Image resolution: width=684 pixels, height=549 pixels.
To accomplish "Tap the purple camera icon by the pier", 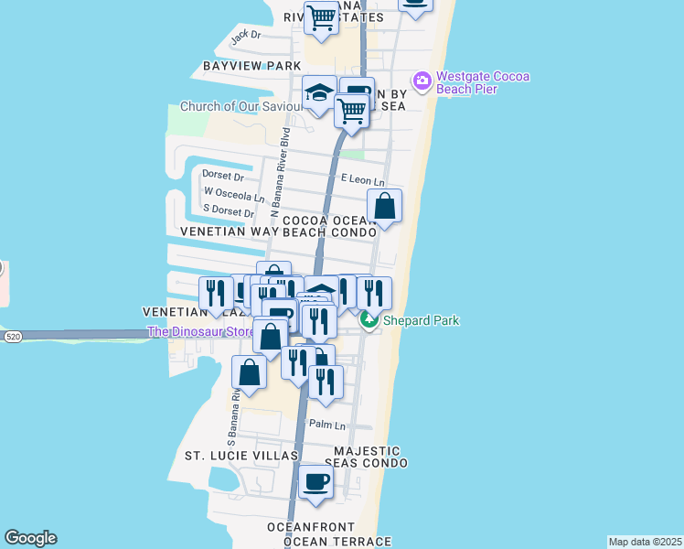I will pyautogui.click(x=422, y=81).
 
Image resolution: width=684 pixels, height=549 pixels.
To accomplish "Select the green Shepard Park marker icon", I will pyautogui.click(x=368, y=320).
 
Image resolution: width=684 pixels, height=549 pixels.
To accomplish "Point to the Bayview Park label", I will pyautogui.click(x=252, y=67).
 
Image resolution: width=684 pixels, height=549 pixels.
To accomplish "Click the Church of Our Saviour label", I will pyautogui.click(x=240, y=106).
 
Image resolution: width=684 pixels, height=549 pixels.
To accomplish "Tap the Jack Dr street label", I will pyautogui.click(x=246, y=37).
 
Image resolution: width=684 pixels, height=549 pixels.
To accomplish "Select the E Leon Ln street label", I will pyautogui.click(x=362, y=182).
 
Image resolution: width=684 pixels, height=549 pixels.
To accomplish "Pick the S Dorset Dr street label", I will pyautogui.click(x=229, y=212).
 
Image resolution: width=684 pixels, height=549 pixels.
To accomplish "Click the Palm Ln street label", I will pyautogui.click(x=327, y=425).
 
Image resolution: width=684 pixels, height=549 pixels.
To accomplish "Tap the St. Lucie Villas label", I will pyautogui.click(x=241, y=456).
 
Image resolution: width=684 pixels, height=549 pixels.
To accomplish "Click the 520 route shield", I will pyautogui.click(x=12, y=337).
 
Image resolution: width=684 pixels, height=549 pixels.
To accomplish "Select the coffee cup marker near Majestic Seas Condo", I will pyautogui.click(x=316, y=481).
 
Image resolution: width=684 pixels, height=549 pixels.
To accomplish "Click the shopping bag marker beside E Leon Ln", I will pyautogui.click(x=385, y=206).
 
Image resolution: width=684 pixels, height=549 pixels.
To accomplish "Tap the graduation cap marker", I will pyautogui.click(x=319, y=92).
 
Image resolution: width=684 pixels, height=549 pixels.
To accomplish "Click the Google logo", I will pyautogui.click(x=30, y=538).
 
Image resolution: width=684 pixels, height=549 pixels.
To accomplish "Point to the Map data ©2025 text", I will pyautogui.click(x=645, y=542).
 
